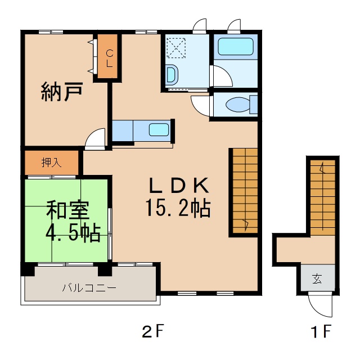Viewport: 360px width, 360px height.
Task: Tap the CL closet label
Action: pos(110,58)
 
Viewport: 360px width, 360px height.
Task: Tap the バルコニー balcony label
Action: pos(89,288)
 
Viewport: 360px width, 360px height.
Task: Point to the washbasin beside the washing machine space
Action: pos(173,74)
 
